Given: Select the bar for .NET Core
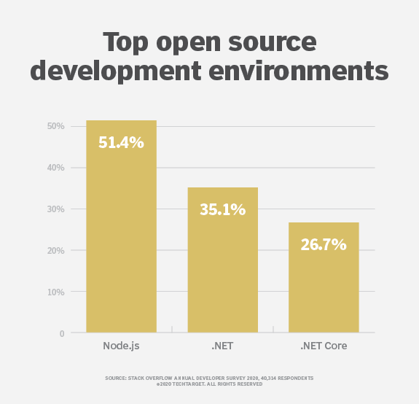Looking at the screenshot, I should pos(324,284).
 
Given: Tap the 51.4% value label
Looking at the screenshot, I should pos(121,143).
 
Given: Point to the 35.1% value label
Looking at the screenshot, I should pos(222,210).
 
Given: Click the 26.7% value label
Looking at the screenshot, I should pos(324,245).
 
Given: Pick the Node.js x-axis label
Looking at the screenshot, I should pos(121,346).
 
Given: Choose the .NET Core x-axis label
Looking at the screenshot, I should pos(324,346).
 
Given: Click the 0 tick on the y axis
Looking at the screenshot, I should pos(62,334).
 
